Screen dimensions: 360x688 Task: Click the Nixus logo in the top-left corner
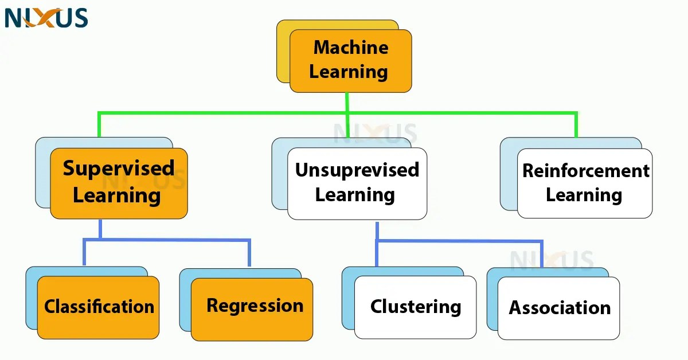pos(46,18)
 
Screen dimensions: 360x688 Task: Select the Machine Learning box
pos(350,61)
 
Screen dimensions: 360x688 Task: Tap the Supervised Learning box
pos(119,183)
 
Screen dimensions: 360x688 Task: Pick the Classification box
pos(98,307)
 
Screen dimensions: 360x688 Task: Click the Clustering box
pos(415,307)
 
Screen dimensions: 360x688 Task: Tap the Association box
pos(558,308)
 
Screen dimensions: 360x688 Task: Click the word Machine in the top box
pos(351,48)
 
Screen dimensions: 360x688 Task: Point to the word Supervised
pos(119,169)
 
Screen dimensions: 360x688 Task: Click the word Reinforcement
pos(585,171)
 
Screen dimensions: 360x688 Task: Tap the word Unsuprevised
pos(357,170)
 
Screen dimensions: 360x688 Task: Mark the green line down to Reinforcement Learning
pos(576,125)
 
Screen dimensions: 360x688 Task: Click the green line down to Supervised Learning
pos(99,125)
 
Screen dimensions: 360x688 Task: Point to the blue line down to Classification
pos(84,252)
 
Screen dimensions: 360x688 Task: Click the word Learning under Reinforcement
pos(584,195)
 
